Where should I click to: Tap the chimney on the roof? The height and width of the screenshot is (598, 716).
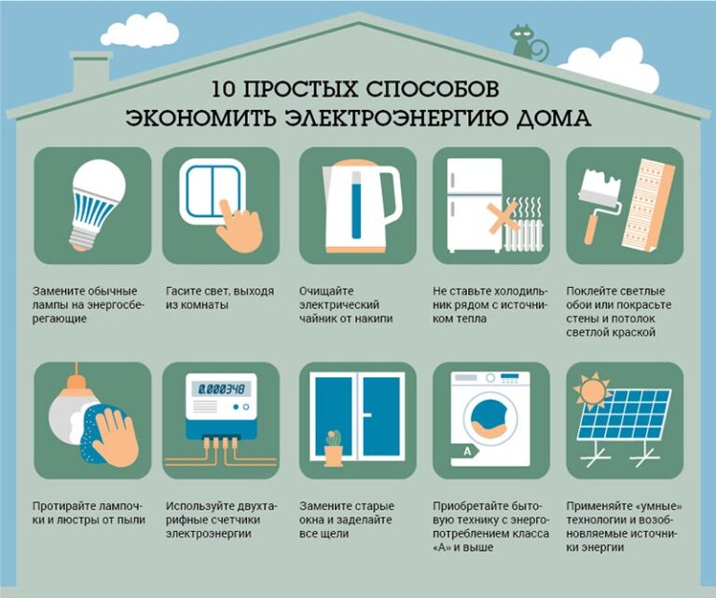90,72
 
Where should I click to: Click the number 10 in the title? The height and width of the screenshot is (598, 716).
224,89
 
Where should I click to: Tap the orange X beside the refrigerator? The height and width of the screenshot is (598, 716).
502,216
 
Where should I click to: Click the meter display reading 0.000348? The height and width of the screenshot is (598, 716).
222,389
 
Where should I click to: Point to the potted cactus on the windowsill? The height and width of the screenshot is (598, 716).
334,448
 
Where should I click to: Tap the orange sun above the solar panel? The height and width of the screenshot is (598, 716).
593,391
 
